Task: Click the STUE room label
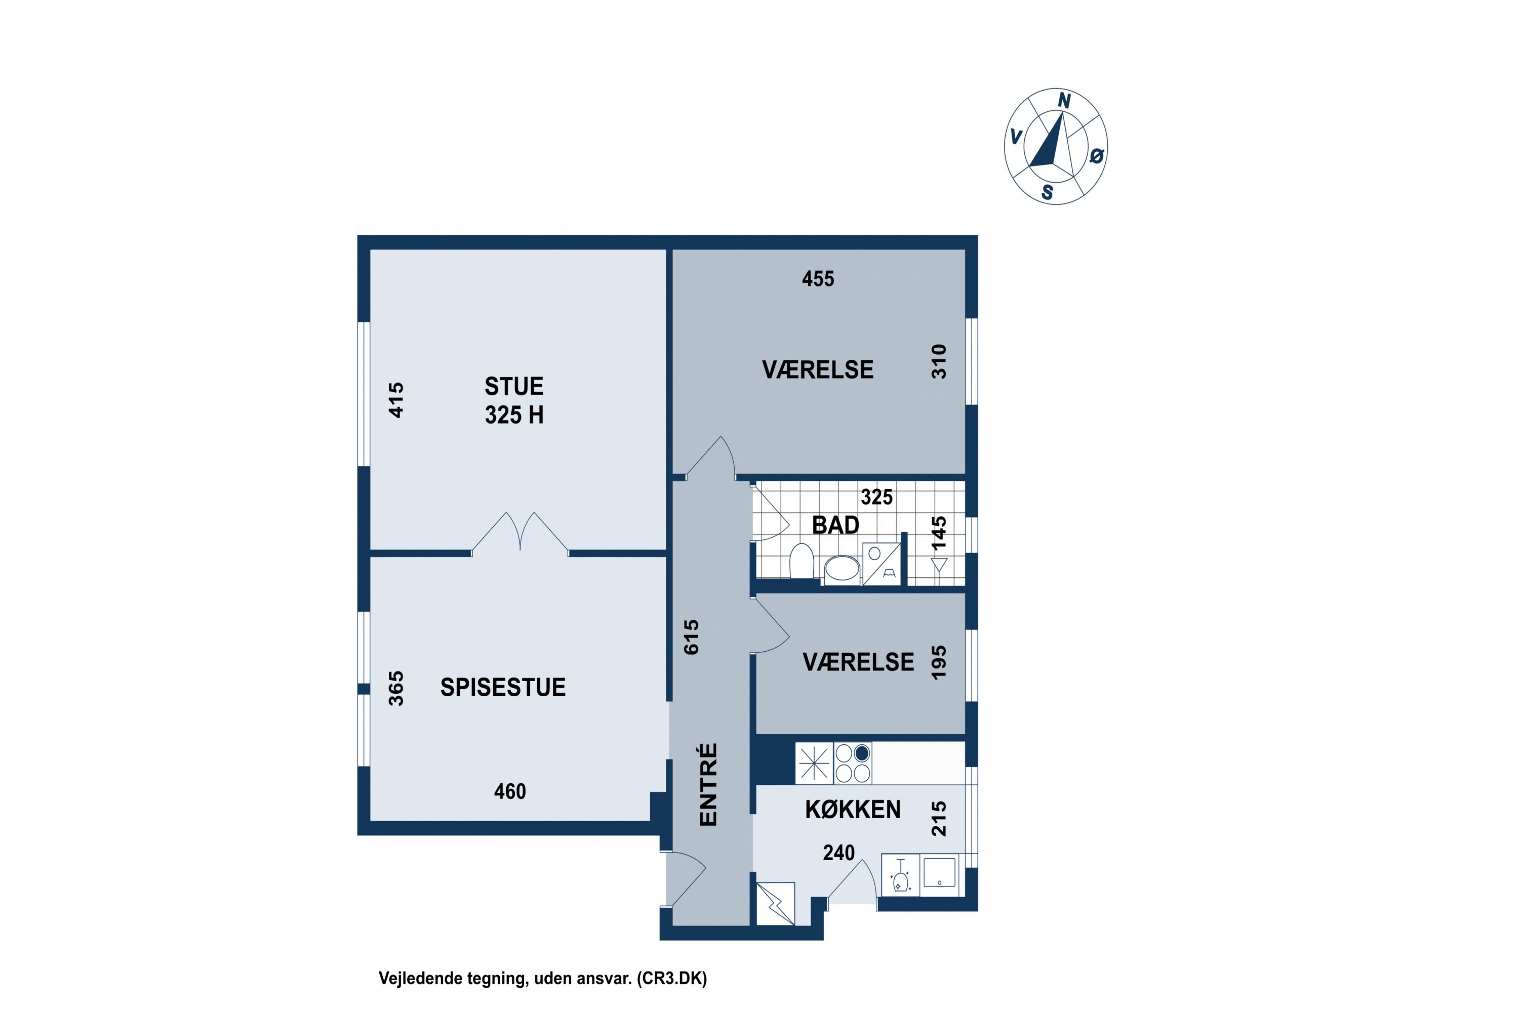click(514, 386)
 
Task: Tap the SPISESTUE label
click(503, 687)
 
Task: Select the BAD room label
click(836, 525)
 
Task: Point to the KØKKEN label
click(853, 809)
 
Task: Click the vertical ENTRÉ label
click(708, 784)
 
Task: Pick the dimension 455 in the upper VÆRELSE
click(818, 279)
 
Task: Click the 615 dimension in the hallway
click(691, 637)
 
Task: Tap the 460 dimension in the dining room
click(510, 791)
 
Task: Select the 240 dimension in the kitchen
click(839, 853)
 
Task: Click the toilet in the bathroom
click(802, 561)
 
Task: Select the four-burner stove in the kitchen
click(853, 763)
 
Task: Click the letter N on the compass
click(1064, 101)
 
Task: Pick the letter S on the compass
click(1048, 192)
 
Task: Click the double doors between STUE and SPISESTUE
click(521, 534)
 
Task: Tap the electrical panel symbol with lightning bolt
click(775, 904)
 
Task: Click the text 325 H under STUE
click(514, 415)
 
